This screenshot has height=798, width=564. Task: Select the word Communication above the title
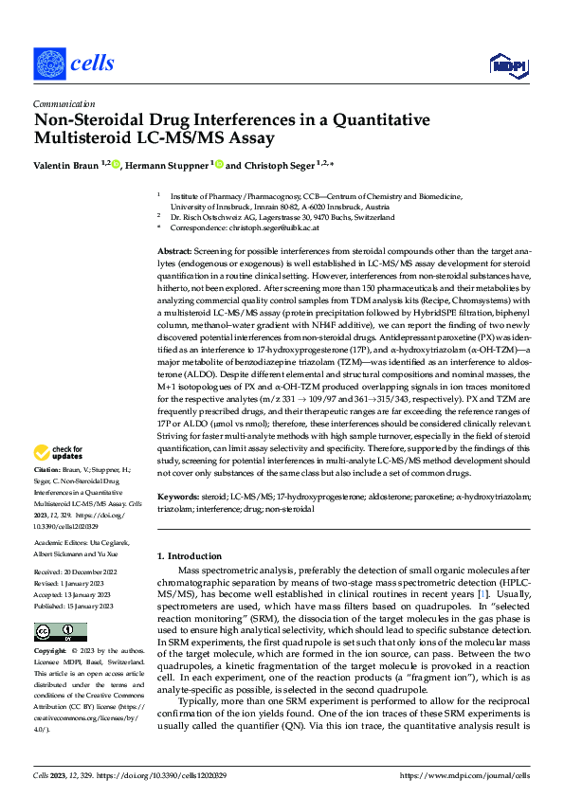(x=63, y=104)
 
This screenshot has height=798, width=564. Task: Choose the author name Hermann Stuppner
(x=164, y=165)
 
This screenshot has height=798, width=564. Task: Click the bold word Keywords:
(x=178, y=496)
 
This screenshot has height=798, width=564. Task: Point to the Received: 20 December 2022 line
(x=77, y=573)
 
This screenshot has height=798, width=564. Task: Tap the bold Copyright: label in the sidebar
(x=50, y=652)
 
